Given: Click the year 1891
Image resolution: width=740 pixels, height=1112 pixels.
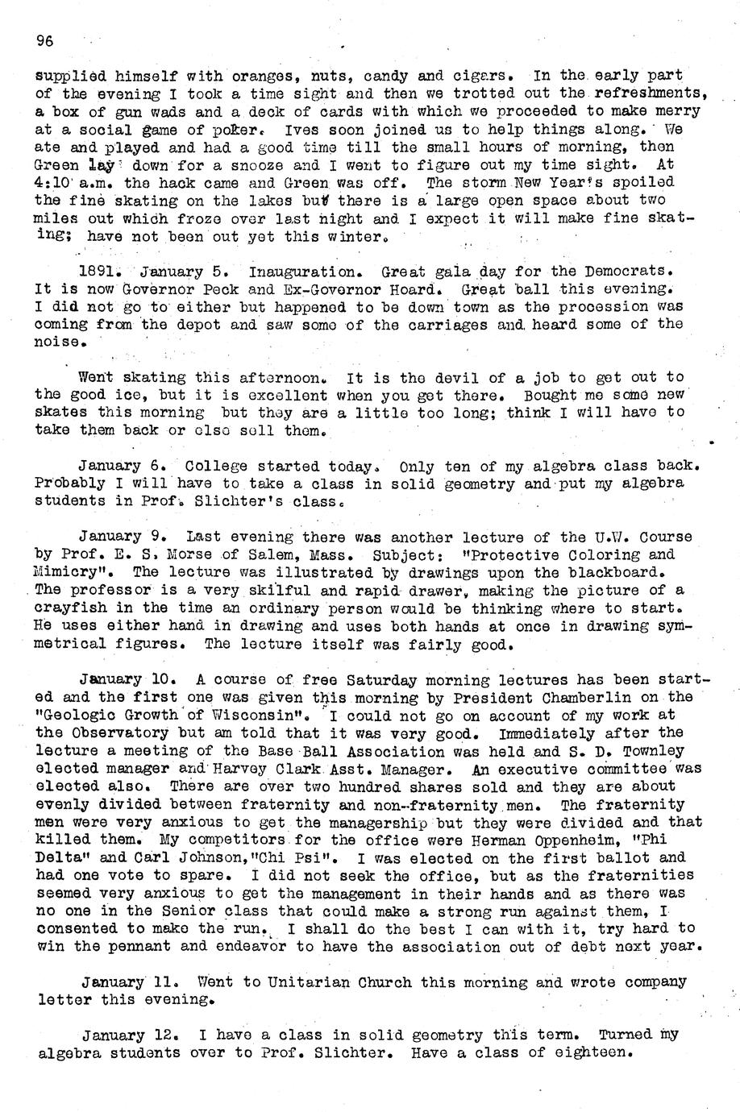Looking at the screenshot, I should click(x=100, y=271).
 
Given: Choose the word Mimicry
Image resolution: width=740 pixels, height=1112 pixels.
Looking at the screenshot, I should click(x=71, y=572).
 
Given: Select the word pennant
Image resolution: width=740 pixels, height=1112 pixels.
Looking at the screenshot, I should click(x=131, y=946).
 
